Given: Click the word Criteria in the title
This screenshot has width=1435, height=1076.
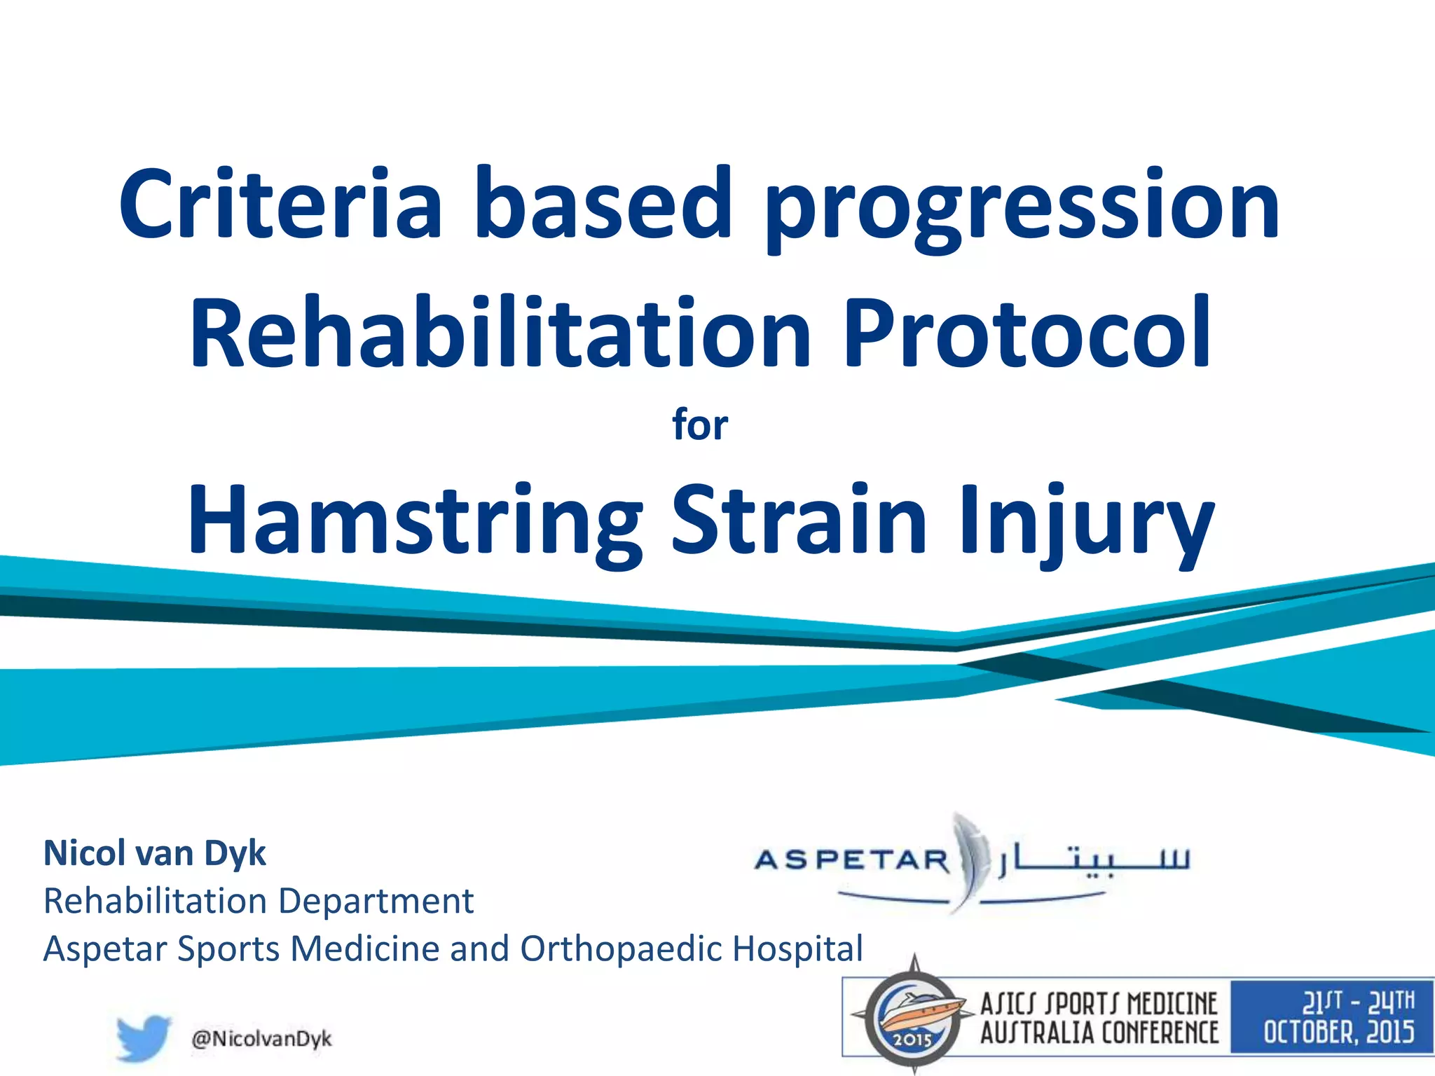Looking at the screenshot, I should (280, 205).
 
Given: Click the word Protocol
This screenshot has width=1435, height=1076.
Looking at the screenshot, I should (1027, 333).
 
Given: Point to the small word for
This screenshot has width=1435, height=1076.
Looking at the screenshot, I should (700, 425).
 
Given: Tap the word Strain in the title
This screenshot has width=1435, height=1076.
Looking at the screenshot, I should (799, 520).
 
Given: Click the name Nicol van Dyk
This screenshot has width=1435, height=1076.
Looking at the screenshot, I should (155, 853).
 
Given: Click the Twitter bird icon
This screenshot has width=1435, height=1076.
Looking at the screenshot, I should (144, 1037).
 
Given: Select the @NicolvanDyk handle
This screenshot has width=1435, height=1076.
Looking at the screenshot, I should (261, 1038).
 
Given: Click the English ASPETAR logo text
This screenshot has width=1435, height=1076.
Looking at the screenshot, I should (852, 860).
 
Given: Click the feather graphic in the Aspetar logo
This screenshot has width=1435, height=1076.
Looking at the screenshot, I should (970, 858).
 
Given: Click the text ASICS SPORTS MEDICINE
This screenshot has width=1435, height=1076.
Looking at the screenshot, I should (1099, 1005).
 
